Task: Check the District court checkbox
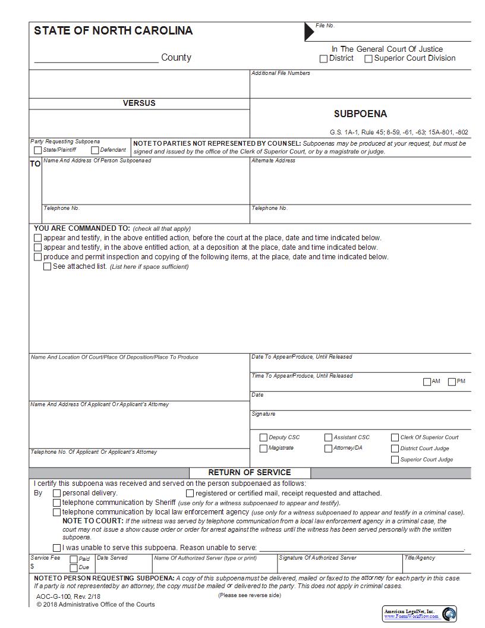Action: point(323,59)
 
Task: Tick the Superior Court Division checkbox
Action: point(369,59)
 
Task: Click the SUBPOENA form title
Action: point(360,114)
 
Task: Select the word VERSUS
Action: point(139,103)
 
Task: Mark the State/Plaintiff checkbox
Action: point(38,150)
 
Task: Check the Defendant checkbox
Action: point(95,150)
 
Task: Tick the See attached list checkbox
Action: point(48,267)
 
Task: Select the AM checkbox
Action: point(427,382)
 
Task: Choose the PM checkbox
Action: point(452,382)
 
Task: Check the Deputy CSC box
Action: point(263,438)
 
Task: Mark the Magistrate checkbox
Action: point(263,448)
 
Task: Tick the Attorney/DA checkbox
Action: point(328,448)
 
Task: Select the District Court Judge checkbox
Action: point(395,448)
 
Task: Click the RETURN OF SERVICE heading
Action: point(250,473)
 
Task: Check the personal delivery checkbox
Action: point(57,493)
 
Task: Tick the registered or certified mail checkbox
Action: point(190,493)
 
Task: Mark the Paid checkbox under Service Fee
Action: point(74,559)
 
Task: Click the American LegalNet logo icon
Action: point(449,613)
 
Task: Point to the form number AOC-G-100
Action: point(52,596)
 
